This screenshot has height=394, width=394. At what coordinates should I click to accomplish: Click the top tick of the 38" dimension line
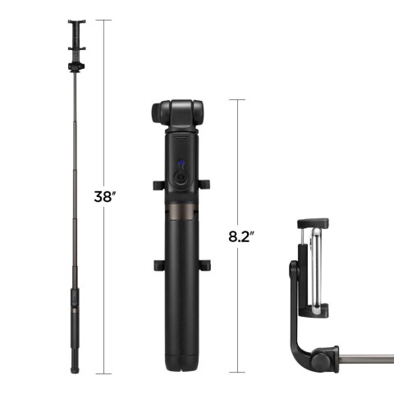104,20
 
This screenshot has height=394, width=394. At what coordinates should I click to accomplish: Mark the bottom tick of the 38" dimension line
104,373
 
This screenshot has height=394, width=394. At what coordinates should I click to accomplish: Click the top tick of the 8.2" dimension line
236,99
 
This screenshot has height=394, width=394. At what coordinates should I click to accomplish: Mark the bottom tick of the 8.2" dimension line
236,373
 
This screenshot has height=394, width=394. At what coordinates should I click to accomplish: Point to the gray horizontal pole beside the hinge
369,359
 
